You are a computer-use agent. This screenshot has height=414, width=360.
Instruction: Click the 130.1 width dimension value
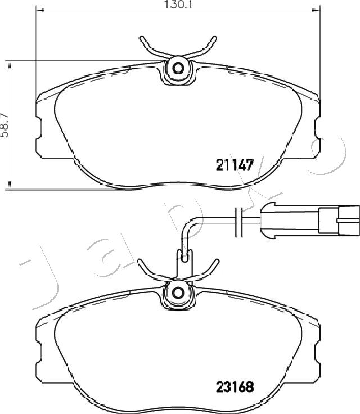177,4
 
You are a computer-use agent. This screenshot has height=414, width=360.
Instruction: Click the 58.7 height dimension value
4,125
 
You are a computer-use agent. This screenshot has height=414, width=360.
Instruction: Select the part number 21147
235,165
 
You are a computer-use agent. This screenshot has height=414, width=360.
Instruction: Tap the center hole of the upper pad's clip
178,69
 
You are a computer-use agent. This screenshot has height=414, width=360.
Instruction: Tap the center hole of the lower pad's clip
178,292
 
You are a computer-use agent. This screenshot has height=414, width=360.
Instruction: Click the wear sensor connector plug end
349,220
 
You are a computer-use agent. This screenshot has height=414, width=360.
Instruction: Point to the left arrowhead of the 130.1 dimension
39,10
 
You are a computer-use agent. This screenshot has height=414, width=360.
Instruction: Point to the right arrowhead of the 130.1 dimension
316,10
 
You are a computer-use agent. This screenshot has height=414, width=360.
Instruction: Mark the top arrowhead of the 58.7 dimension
10,65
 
